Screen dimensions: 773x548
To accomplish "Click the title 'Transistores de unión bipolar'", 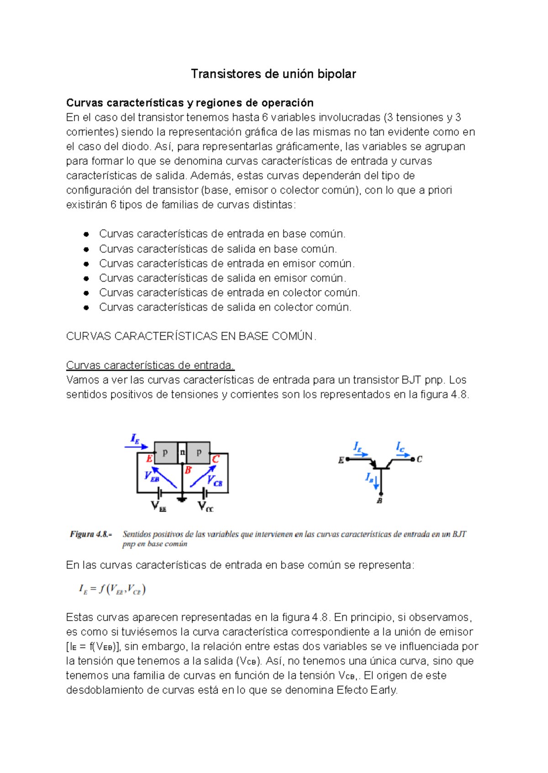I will (x=273, y=74).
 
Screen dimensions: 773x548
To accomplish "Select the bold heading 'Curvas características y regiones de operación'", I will (x=190, y=103).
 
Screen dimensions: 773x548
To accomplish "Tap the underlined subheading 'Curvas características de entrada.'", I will (x=150, y=366).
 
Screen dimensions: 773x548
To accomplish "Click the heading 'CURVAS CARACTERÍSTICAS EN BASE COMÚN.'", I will (x=191, y=336).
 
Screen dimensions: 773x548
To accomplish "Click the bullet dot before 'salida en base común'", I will (x=86, y=249).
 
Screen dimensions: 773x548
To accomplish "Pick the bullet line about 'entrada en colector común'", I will (x=229, y=292).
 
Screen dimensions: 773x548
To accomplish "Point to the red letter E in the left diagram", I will (x=149, y=459).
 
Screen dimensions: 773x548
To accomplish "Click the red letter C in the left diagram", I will (x=216, y=459).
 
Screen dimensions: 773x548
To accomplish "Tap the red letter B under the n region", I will (x=188, y=470).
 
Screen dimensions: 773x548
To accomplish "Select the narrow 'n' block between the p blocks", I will (x=182, y=453).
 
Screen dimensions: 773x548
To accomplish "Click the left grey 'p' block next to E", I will (x=165, y=453).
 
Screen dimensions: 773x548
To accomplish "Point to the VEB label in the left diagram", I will (x=152, y=476).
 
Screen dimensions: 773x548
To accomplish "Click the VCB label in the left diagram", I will (x=214, y=481).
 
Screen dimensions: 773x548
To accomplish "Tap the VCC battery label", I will (x=205, y=507).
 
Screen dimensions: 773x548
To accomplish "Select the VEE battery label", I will (x=158, y=507).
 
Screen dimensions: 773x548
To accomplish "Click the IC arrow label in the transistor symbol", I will (x=400, y=447).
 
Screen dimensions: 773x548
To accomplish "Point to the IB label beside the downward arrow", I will (x=369, y=478).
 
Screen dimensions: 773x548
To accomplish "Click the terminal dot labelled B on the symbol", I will (x=380, y=493).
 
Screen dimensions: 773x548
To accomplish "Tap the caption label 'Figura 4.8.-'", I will (x=91, y=534).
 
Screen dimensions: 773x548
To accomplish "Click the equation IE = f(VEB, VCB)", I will (x=112, y=590).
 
